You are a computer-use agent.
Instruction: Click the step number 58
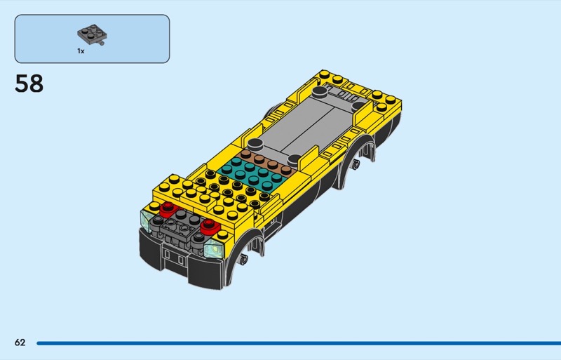click(29, 84)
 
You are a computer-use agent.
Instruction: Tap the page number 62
click(20, 342)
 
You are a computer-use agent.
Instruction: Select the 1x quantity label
click(81, 51)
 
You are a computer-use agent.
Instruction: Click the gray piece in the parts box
click(92, 34)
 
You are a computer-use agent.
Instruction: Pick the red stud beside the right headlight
click(210, 226)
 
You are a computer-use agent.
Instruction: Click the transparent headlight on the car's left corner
click(146, 220)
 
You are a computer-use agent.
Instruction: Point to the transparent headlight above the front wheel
click(214, 248)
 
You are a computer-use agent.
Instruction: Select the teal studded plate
click(252, 174)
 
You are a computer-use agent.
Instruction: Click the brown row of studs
click(269, 163)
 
